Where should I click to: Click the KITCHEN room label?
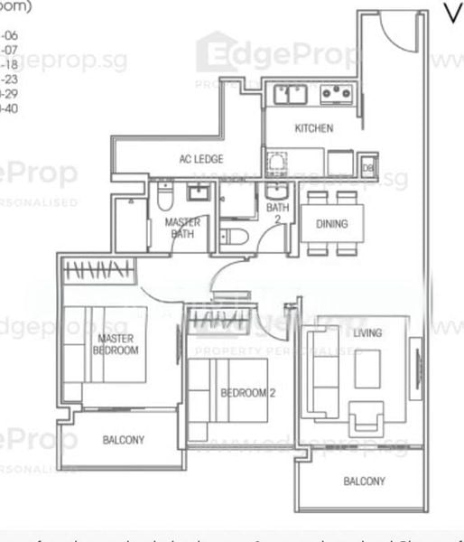pyautogui.click(x=313, y=128)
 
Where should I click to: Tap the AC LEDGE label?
pyautogui.click(x=201, y=160)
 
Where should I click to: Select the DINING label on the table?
pyautogui.click(x=331, y=224)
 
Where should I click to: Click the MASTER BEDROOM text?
pyautogui.click(x=117, y=344)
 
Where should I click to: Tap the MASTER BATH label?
pyautogui.click(x=182, y=228)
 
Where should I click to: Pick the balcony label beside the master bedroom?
pyautogui.click(x=123, y=440)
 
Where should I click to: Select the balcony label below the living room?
pyautogui.click(x=364, y=481)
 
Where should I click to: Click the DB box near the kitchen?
pyautogui.click(x=368, y=166)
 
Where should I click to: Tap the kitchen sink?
pyautogui.click(x=291, y=93)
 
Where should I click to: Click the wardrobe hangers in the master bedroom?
pyautogui.click(x=100, y=268)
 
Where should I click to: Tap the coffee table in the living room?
pyautogui.click(x=367, y=369)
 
